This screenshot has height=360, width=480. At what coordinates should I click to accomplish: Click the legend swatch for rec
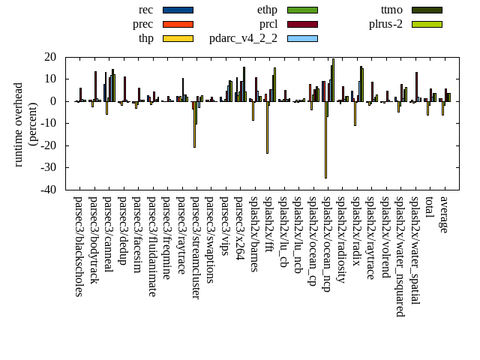pyautogui.click(x=178, y=10)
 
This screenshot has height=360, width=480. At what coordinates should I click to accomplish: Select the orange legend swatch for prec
pyautogui.click(x=178, y=24)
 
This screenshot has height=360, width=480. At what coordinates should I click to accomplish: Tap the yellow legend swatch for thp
pyautogui.click(x=178, y=38)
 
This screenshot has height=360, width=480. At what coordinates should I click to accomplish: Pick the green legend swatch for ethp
pyautogui.click(x=302, y=10)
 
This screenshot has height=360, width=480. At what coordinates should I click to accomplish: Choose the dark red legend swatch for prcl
pyautogui.click(x=302, y=24)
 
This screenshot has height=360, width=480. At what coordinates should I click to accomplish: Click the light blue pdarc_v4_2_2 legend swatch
pyautogui.click(x=302, y=38)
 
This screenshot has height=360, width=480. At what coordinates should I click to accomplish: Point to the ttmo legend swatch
pyautogui.click(x=427, y=10)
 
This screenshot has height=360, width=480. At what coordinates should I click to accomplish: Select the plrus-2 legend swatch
pyautogui.click(x=427, y=24)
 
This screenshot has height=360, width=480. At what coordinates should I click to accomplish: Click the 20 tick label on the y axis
pyautogui.click(x=51, y=57)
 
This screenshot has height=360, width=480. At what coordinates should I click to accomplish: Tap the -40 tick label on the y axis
pyautogui.click(x=49, y=190)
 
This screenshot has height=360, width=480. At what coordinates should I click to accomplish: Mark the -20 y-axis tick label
pyautogui.click(x=49, y=145)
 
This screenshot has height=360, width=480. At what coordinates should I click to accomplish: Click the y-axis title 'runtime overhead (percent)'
pyautogui.click(x=25, y=124)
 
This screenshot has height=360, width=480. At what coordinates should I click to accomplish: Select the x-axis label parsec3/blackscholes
pyautogui.click(x=79, y=246)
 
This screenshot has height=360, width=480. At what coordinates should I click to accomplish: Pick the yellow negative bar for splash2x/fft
pyautogui.click(x=267, y=127)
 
